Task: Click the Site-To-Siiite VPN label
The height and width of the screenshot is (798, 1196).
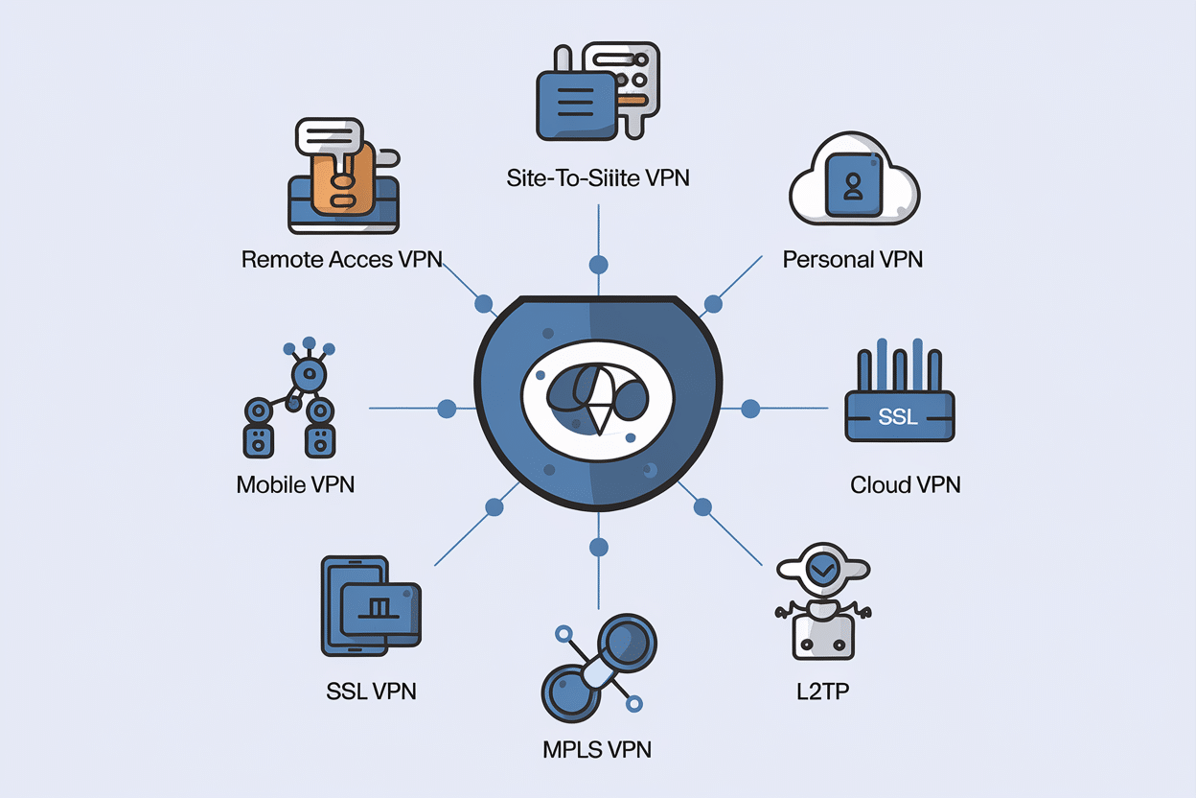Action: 598,177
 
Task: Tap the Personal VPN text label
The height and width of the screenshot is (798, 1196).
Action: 852,259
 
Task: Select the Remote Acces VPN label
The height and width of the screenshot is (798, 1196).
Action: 341,259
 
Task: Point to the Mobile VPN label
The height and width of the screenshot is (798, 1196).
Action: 295,483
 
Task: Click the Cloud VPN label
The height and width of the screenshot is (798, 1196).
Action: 905,483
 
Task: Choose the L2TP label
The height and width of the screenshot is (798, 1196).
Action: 823,690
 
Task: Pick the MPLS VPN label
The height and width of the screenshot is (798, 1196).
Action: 597,748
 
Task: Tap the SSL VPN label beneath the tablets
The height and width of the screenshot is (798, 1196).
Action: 371,690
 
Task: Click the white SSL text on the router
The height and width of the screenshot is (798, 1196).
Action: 897,417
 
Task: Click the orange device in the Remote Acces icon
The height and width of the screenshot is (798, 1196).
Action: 343,182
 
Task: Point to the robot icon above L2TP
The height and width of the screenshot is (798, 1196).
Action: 823,609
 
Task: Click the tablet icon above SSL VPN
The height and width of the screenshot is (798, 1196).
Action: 370,606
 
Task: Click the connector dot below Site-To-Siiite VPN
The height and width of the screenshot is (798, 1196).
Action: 599,264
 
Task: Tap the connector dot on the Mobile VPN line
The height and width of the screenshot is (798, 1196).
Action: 447,409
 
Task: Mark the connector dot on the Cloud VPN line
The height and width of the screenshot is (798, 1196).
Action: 750,409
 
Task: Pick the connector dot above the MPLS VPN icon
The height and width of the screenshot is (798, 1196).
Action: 599,548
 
